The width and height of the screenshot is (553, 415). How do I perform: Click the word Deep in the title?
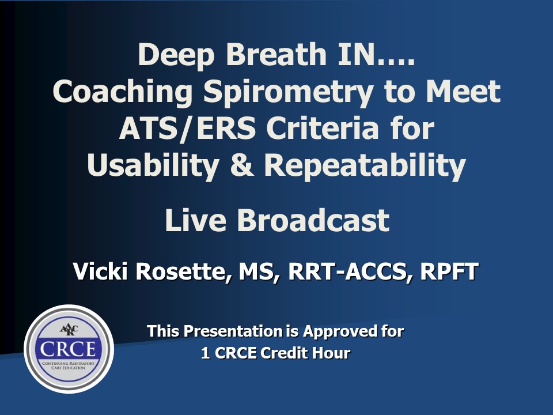tap(176, 55)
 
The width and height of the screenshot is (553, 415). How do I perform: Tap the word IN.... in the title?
tap(376, 54)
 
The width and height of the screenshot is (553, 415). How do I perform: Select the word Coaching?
tap(123, 92)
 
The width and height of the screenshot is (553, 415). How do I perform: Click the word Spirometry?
tap(288, 92)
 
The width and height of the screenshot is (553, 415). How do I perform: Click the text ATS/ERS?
tap(187, 129)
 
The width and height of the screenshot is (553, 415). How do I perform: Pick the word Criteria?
tap(323, 128)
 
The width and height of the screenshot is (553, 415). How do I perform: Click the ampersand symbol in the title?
tap(241, 165)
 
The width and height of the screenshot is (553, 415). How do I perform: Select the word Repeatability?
tap(365, 166)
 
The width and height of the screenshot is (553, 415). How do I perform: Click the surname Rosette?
tap(183, 271)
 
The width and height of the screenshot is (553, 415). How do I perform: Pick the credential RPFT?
tap(449, 271)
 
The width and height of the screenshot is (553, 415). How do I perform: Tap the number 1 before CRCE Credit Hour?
tap(205, 353)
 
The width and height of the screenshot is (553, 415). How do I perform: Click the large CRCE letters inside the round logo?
tap(68, 349)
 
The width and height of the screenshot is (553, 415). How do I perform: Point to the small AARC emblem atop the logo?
tap(69, 330)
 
